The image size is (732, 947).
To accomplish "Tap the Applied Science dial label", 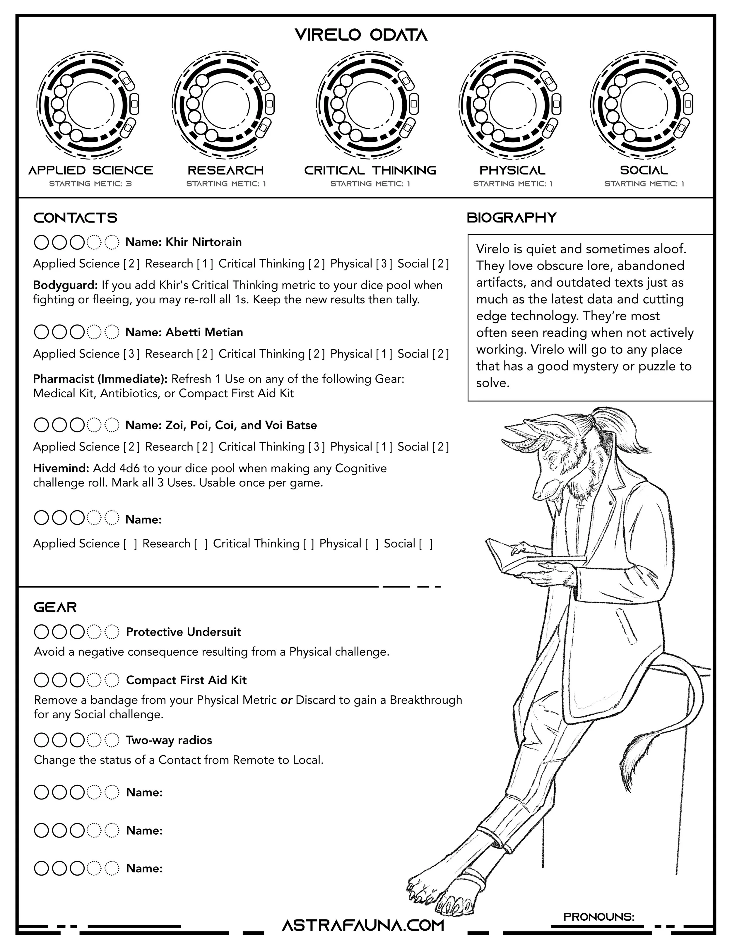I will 91,170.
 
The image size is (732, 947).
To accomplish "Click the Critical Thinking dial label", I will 370,170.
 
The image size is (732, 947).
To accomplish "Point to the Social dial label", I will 644,170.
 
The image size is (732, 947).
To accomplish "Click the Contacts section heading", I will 75,218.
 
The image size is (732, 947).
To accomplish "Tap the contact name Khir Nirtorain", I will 203,242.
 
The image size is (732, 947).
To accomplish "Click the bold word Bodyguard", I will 66,285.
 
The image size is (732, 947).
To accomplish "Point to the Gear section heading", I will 55,607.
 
